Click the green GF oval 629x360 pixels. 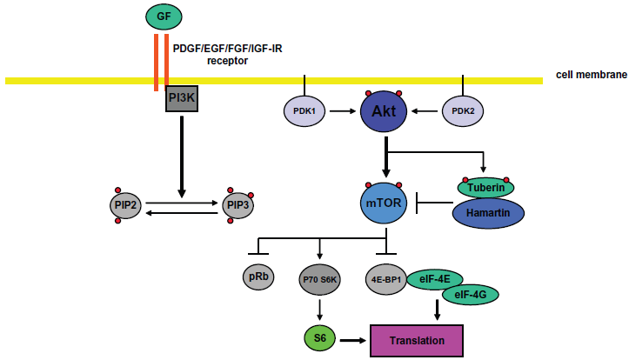(164, 17)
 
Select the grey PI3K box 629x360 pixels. (182, 98)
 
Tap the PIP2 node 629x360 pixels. (125, 205)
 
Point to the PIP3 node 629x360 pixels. (238, 205)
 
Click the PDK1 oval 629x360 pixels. (304, 111)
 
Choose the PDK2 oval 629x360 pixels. (463, 111)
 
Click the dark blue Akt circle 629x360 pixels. (384, 111)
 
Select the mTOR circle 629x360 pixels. (384, 203)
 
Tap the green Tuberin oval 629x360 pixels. (485, 188)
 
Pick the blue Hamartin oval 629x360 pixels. (488, 213)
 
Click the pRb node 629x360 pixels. (258, 277)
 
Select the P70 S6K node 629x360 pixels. (319, 279)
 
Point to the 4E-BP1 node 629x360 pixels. (386, 279)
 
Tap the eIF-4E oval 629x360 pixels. (435, 279)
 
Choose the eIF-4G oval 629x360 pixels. (470, 295)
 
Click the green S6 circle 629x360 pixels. (319, 338)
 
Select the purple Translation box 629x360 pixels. (417, 341)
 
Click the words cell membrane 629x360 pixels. (592, 75)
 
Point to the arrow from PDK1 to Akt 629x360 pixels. (343, 111)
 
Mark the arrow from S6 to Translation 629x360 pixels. (353, 340)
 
